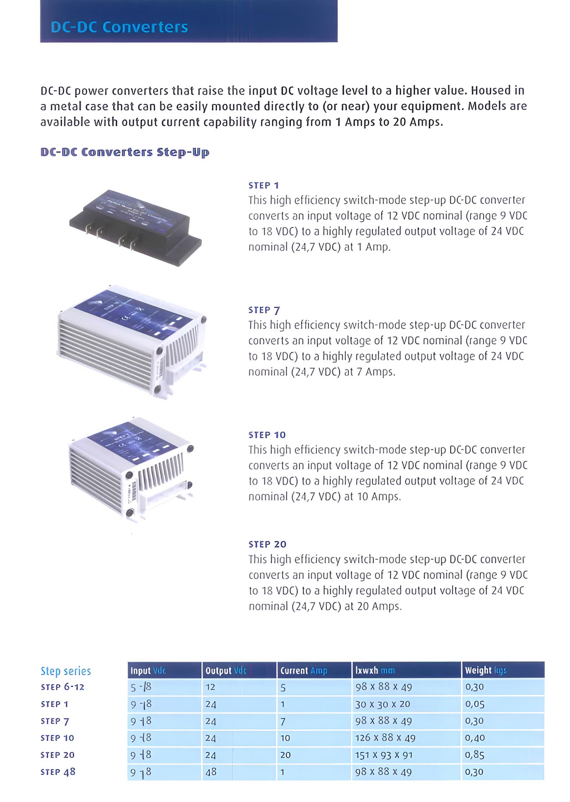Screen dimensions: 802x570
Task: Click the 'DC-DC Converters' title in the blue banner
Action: click(x=119, y=27)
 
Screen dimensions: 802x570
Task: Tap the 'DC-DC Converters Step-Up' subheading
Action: click(x=125, y=153)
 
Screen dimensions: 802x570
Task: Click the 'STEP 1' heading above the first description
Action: click(x=263, y=185)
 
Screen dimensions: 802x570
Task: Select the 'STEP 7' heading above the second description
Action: click(x=264, y=310)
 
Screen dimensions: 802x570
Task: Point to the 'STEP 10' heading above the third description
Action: click(x=267, y=435)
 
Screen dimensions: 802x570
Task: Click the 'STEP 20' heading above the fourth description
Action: click(x=267, y=544)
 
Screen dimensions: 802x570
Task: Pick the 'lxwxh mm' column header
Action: click(x=375, y=671)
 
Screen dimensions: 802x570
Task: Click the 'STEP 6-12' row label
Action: click(x=62, y=687)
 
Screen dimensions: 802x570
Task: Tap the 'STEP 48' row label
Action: click(x=58, y=772)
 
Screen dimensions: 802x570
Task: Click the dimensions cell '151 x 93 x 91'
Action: click(x=383, y=755)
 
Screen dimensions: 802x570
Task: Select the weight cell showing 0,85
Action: click(x=474, y=755)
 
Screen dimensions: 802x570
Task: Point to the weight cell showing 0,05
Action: click(x=474, y=704)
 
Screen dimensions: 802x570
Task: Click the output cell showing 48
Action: click(x=211, y=772)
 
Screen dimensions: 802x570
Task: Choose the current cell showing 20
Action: click(x=285, y=755)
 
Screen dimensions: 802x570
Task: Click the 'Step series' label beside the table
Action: click(x=66, y=671)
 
